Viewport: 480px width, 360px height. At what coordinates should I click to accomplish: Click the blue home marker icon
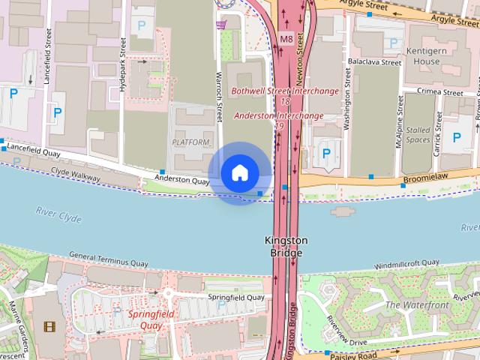point(239,173)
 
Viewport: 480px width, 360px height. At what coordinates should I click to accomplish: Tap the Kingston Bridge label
point(286,247)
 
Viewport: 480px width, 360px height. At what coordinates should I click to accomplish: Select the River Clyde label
point(58,216)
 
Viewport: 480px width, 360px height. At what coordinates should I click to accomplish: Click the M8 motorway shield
point(286,39)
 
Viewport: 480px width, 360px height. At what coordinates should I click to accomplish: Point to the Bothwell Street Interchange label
point(284,91)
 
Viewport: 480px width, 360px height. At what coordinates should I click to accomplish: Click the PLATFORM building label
point(190,142)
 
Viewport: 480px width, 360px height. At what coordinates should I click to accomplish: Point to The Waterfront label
point(416,305)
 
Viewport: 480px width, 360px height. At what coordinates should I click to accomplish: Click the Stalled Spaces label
point(418,134)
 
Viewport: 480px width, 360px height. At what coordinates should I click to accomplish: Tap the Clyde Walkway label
point(75,172)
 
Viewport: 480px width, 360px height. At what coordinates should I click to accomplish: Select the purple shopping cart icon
point(221,25)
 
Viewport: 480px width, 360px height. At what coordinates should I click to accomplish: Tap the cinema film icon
point(49,326)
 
